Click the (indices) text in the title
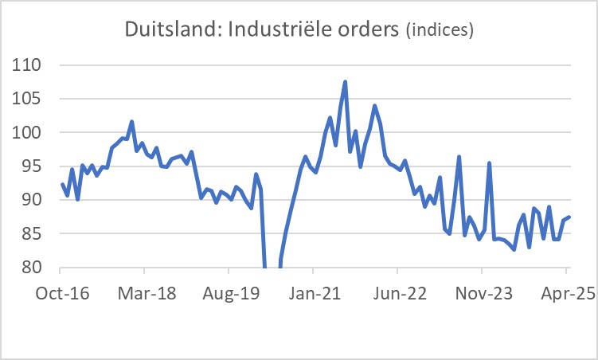pos(440,31)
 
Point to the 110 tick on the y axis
pos(28,65)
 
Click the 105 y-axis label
pos(28,99)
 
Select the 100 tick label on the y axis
pos(28,133)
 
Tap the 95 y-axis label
pos(32,166)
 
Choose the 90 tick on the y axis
pos(32,200)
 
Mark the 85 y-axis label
pos(32,234)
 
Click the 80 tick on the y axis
pos(32,268)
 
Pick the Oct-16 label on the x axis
pos(61,295)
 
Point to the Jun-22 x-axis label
pos(398,295)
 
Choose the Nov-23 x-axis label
pos(483,295)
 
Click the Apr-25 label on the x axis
pos(566,295)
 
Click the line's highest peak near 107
pos(345,82)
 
